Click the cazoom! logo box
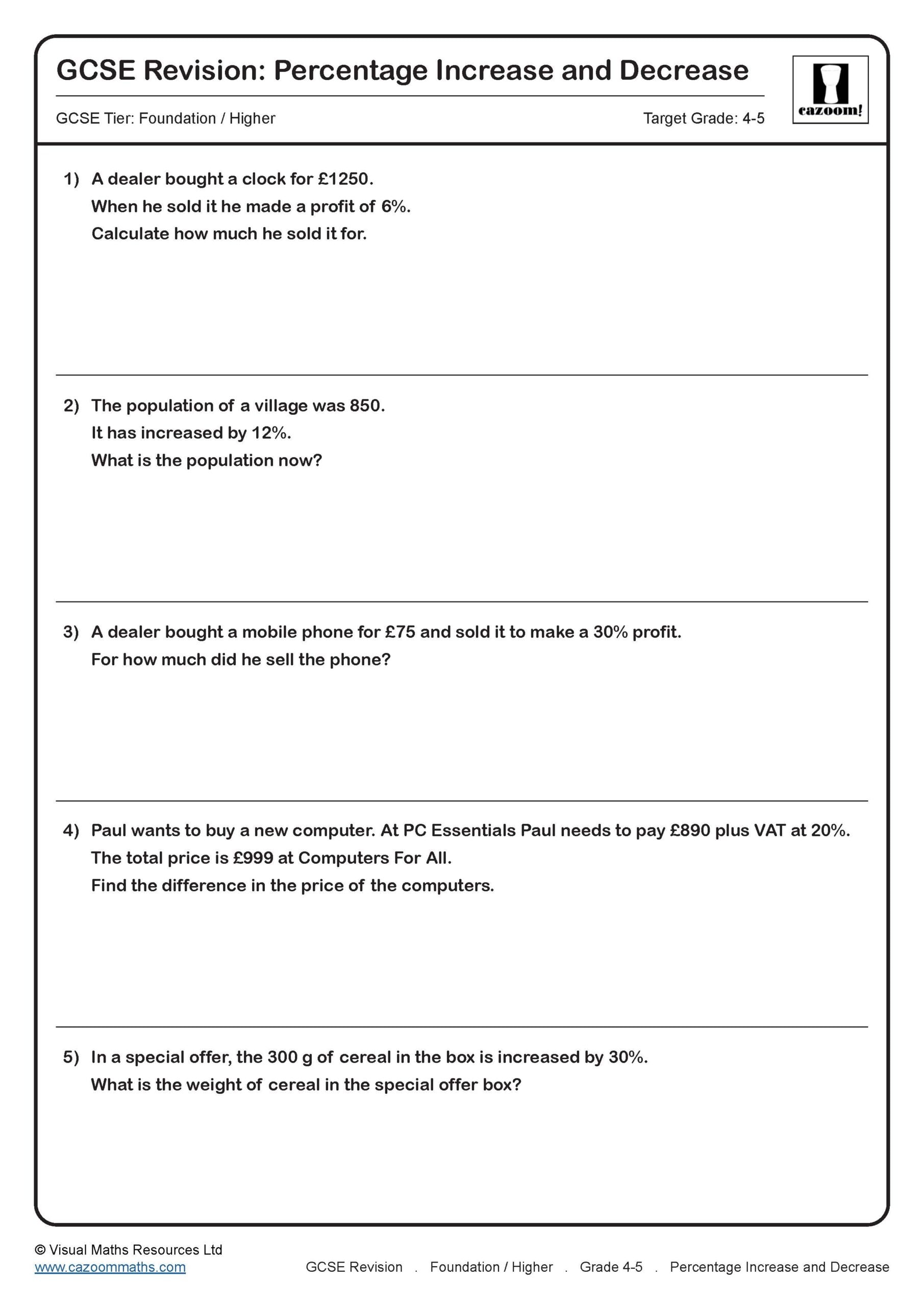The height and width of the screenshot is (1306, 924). [x=830, y=89]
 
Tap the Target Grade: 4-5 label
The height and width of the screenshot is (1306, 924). [x=703, y=118]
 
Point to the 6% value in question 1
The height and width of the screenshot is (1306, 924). [x=394, y=207]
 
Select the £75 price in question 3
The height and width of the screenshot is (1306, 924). [x=399, y=632]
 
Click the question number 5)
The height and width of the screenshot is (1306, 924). [x=71, y=1057]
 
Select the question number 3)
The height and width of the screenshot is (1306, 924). [x=71, y=632]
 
